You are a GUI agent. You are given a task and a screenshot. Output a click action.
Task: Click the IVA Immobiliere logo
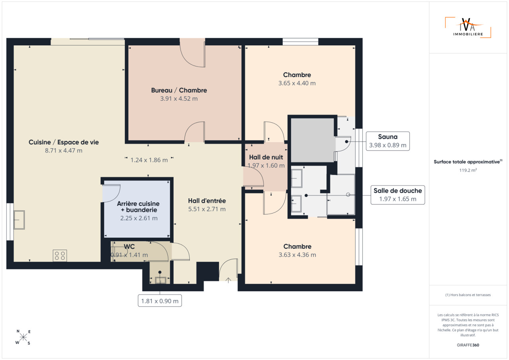point(468,27)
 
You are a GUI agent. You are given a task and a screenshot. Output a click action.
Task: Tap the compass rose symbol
point(23,337)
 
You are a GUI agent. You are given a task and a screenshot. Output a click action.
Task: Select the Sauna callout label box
point(388,141)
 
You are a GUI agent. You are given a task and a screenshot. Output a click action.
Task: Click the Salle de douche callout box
point(398,195)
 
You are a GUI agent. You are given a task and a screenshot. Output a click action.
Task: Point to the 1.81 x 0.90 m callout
point(160,301)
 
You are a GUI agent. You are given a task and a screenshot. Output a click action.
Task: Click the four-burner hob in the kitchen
point(60,255)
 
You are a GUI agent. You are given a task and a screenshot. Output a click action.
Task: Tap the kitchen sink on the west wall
point(19,220)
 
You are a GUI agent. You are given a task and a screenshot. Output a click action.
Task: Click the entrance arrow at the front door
point(228,280)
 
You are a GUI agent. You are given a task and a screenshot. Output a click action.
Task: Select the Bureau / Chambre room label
point(179,90)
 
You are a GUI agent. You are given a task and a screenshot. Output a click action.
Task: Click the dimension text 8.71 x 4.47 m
point(64,151)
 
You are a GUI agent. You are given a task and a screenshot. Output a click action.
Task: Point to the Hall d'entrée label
point(207,201)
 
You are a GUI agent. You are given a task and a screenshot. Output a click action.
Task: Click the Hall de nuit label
point(266,157)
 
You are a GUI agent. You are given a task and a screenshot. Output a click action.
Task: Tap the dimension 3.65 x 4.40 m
point(297,83)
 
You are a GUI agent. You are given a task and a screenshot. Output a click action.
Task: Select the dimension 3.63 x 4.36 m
point(297,255)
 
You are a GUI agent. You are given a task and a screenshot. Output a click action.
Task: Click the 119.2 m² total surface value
point(468,170)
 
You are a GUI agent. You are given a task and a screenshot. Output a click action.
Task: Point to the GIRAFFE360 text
point(468,345)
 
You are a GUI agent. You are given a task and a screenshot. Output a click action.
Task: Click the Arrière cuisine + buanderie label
point(138,207)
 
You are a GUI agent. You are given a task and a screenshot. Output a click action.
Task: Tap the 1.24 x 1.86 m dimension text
point(149,160)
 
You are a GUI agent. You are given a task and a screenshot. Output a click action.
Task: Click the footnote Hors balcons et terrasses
point(468,295)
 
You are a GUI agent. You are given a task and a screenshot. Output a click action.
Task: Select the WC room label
point(129,246)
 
